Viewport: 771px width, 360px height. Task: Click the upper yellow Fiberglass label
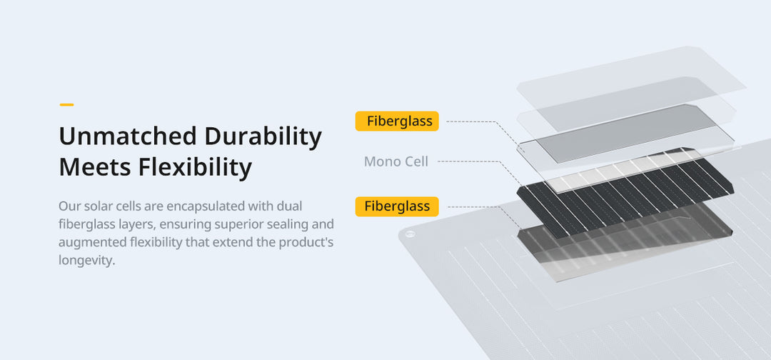point(397,121)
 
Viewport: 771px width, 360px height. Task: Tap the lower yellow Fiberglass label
point(397,206)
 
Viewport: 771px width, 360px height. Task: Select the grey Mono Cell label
point(396,161)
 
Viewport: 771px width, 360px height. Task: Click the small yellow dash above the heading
point(66,105)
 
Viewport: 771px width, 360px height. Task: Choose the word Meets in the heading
point(94,167)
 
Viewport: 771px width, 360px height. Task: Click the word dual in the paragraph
point(290,206)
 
